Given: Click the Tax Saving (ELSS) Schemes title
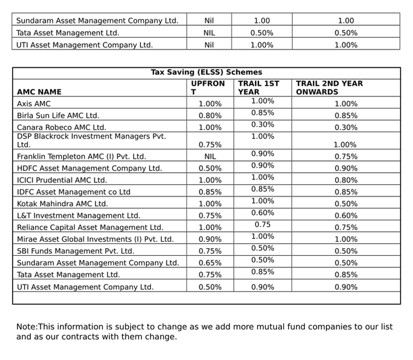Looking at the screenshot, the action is tap(206, 72).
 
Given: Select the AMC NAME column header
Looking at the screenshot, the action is tap(39, 92).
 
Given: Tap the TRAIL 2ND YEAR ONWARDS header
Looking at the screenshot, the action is tap(329, 88).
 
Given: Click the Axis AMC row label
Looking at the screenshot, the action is tap(33, 104).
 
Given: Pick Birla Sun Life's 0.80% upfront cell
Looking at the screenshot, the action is tap(210, 116).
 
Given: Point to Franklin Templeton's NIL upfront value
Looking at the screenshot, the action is tap(210, 157).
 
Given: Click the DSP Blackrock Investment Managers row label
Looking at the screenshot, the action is tap(92, 140).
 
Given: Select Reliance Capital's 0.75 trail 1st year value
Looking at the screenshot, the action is tap(263, 225).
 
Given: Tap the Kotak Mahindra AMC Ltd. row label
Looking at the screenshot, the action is tap(63, 204).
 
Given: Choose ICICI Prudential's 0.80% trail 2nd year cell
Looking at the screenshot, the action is tap(346, 180).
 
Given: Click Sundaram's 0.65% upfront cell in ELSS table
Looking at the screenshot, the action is tap(210, 263).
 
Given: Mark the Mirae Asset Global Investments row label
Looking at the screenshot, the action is tap(95, 239).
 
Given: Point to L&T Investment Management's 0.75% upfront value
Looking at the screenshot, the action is tap(210, 215).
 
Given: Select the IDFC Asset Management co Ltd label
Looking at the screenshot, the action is tap(73, 192).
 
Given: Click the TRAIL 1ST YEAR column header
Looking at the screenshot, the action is tap(259, 88).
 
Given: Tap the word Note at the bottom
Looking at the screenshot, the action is tap(26, 327).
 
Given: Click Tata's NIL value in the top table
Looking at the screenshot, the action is tap(209, 33).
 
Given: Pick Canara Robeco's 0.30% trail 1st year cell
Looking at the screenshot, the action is tap(263, 124).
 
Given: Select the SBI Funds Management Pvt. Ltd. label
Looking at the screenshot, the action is tap(76, 251).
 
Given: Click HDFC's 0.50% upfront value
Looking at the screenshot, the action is tap(210, 168).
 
